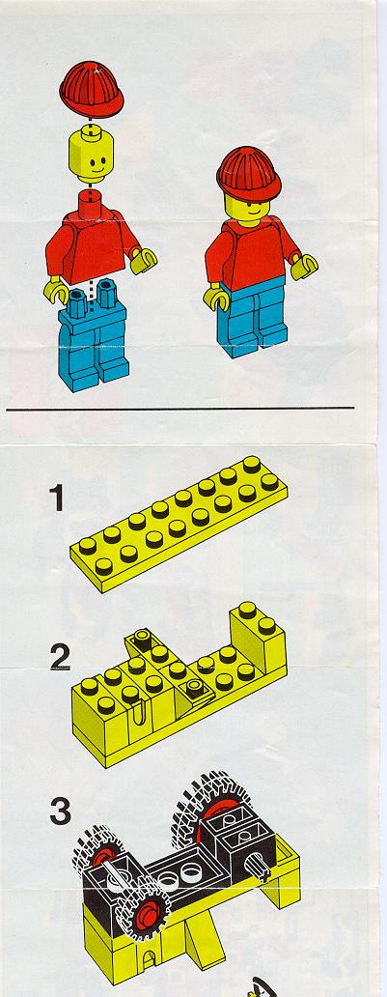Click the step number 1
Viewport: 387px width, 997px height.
[x=57, y=498]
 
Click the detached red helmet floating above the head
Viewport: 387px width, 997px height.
[x=92, y=89]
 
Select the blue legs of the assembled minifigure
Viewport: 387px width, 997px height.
[x=253, y=318]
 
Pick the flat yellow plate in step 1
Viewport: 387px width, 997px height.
[x=179, y=523]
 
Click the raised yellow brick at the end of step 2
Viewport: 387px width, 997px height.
[x=258, y=639]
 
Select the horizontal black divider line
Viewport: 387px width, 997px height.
[x=180, y=409]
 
